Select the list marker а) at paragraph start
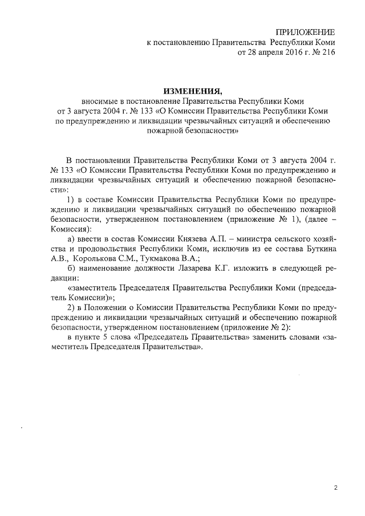[x=71, y=246]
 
